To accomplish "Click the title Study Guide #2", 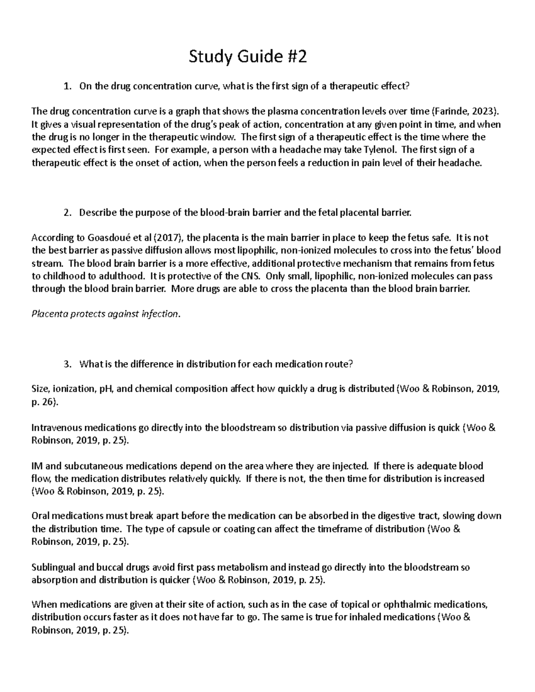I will click(248, 57).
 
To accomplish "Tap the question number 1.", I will click(67, 86).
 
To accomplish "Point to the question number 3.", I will click(67, 364).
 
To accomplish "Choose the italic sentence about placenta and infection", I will click(106, 314).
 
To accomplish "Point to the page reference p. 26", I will click(44, 402).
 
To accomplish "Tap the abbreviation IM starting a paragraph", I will click(37, 466).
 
